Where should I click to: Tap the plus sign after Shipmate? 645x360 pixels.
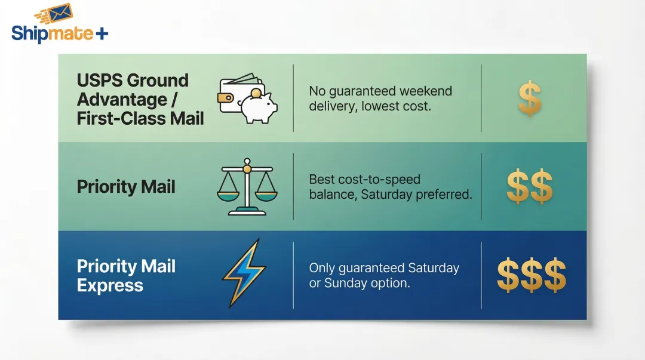click(102, 33)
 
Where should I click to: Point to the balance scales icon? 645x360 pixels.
click(244, 186)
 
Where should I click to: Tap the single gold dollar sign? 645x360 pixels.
click(529, 99)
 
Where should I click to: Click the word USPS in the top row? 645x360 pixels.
click(100, 81)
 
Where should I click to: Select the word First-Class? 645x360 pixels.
click(114, 118)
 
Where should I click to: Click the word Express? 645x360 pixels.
click(110, 285)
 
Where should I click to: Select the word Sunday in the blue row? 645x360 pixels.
click(348, 283)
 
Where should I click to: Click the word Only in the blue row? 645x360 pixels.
click(321, 268)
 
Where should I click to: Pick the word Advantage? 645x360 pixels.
click(113, 99)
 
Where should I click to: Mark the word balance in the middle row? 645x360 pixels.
click(333, 195)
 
